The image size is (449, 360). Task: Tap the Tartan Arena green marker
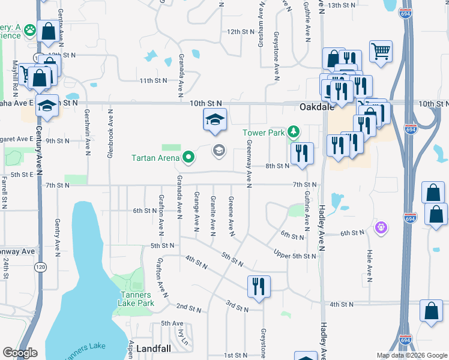pos(189,158)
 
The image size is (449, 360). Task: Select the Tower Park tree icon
pos(293,131)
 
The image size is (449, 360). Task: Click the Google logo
pos(20,353)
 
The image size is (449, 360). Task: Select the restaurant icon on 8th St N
pos(302,153)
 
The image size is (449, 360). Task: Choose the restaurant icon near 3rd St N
pos(259,286)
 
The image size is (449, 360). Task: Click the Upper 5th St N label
pos(294,255)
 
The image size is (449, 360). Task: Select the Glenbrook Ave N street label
pos(110,133)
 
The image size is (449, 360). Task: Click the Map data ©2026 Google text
pos(411,355)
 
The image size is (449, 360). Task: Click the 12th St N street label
pos(241,31)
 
